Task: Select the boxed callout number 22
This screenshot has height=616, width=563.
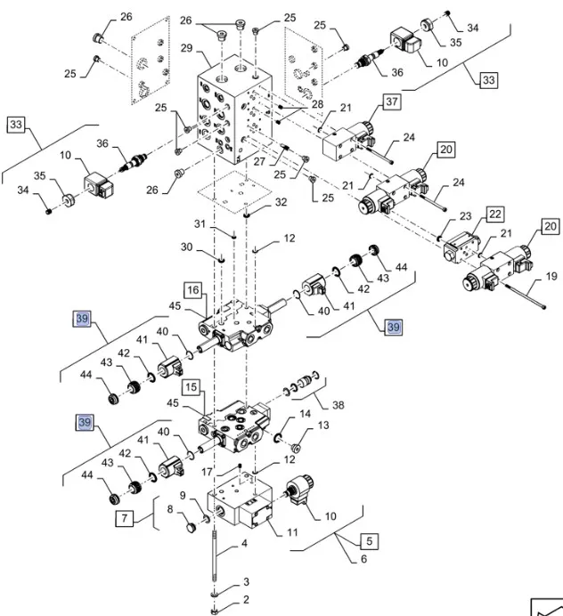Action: pyautogui.click(x=494, y=215)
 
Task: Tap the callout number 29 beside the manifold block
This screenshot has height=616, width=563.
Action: pyautogui.click(x=187, y=47)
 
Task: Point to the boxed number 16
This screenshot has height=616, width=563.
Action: pyautogui.click(x=192, y=289)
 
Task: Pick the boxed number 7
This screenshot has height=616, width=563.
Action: pyautogui.click(x=125, y=517)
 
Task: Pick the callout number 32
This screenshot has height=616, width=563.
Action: pyautogui.click(x=281, y=202)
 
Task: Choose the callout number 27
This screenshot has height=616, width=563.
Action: pyautogui.click(x=260, y=162)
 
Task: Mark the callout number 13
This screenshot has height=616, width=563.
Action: pyautogui.click(x=323, y=426)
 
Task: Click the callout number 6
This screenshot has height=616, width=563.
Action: pyautogui.click(x=363, y=558)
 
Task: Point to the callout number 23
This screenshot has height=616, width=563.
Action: pyautogui.click(x=465, y=216)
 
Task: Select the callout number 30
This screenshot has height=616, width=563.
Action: pyautogui.click(x=186, y=247)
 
